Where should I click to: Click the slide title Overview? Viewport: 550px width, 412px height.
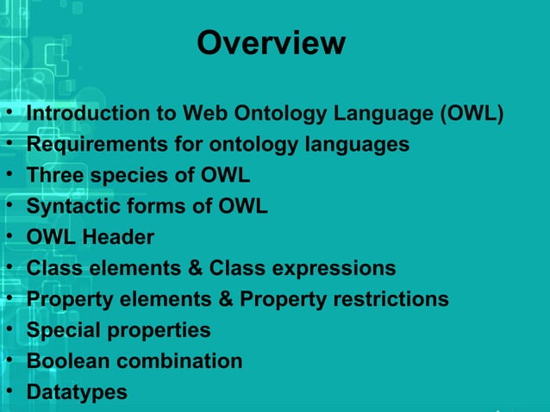click(271, 43)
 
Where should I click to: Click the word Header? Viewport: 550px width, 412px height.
click(120, 238)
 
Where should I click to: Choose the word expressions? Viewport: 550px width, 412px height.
click(334, 269)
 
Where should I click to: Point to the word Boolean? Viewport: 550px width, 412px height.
click(67, 361)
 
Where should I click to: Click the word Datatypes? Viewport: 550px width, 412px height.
click(77, 392)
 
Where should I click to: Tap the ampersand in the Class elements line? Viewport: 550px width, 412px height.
click(196, 269)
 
